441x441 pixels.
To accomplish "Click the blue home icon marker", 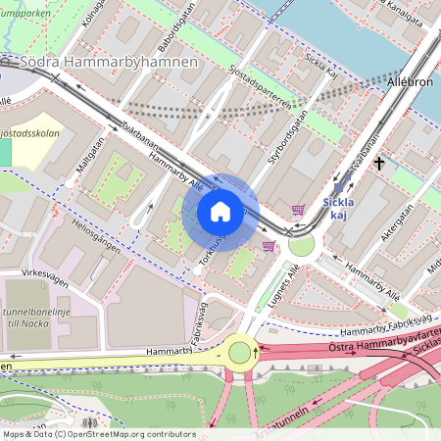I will [220, 212].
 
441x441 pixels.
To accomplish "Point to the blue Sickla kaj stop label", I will [339, 207].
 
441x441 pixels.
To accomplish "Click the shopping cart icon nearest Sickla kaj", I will [298, 209].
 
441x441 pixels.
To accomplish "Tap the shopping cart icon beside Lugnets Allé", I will [269, 246].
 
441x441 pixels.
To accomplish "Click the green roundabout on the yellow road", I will [240, 352].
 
